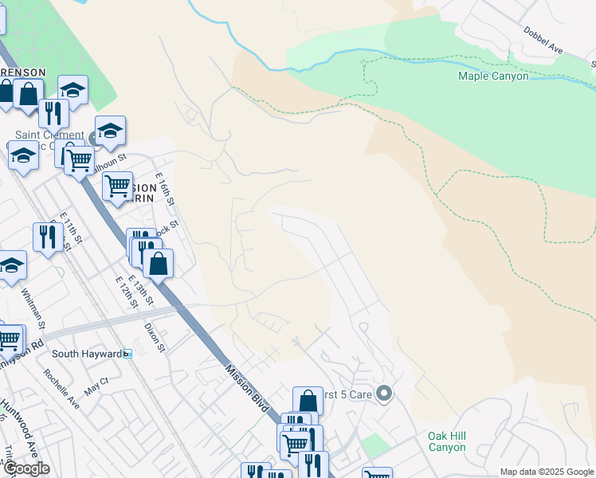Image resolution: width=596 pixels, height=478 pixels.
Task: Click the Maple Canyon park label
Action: point(492,76)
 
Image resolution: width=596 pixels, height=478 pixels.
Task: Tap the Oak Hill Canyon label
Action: point(446,441)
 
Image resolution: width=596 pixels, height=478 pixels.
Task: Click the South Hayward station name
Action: point(87,353)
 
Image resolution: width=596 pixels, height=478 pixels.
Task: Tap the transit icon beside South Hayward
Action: point(127,353)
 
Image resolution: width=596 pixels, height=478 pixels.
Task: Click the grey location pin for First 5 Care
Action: point(384,394)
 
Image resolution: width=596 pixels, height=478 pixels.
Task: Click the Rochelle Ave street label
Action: point(62,390)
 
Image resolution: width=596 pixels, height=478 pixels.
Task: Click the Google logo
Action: point(25,468)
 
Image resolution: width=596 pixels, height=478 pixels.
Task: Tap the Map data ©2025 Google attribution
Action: point(546,472)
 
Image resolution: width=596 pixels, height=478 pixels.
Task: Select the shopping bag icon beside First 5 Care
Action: point(308,402)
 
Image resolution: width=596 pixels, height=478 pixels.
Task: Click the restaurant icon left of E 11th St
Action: point(48,237)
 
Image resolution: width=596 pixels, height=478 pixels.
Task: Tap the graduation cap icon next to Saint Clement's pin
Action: point(111,131)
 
